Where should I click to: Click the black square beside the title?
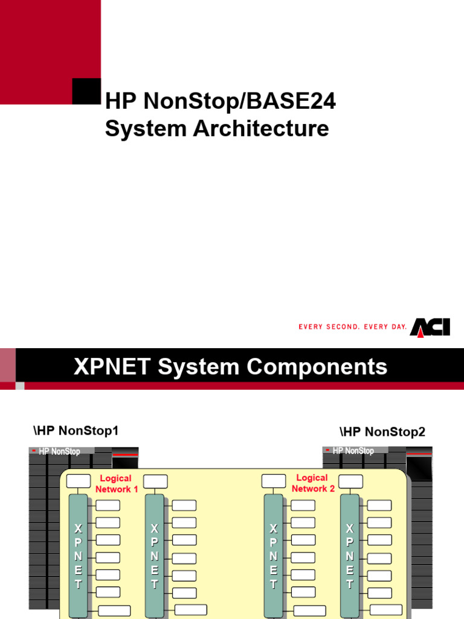86,91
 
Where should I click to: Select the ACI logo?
430,327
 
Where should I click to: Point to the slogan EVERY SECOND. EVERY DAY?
353,327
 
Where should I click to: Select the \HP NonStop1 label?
76,430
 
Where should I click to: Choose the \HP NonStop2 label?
382,432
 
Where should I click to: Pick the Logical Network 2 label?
312,483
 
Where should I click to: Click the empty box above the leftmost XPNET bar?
78,481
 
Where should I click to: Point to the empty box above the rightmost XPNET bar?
351,481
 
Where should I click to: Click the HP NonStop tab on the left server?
59,451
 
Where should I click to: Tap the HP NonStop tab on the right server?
353,451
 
